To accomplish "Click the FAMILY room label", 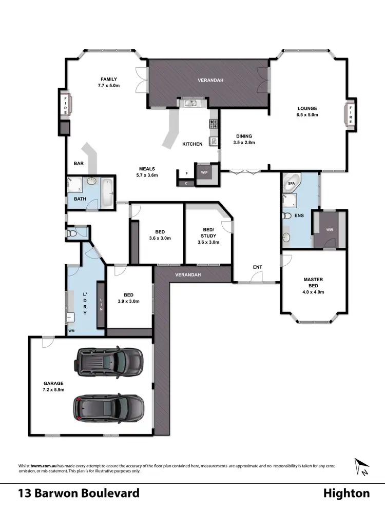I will (x=109, y=82).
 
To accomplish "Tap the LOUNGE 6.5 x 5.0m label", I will (x=307, y=112).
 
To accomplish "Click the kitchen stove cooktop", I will (x=213, y=124).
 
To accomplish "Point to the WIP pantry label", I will (x=204, y=172).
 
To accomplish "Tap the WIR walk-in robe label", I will (x=330, y=229).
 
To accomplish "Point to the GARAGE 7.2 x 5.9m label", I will (x=53, y=386).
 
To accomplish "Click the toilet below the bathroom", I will (x=73, y=233).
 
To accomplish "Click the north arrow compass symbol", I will (x=361, y=467).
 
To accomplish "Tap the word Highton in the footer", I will (x=346, y=494).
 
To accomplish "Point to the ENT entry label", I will (x=257, y=267).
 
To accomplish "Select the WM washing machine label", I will (x=71, y=331).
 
